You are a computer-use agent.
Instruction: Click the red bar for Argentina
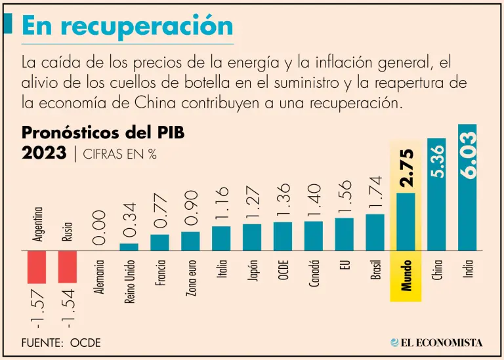click(37, 267)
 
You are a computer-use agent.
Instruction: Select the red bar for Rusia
click(68, 267)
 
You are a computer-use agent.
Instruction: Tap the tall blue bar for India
click(467, 187)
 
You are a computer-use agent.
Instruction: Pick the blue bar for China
click(436, 194)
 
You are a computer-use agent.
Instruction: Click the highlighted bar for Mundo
click(406, 222)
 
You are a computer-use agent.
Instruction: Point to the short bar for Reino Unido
click(129, 247)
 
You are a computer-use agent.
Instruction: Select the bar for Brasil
click(375, 232)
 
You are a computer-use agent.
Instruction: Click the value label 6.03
click(467, 153)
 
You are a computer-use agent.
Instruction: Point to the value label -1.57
click(37, 308)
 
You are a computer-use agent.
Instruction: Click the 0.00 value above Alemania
click(99, 227)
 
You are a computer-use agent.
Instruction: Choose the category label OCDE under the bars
click(283, 269)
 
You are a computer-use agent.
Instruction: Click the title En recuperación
click(127, 26)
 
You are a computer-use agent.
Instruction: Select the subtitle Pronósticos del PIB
click(103, 132)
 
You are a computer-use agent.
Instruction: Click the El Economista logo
click(436, 342)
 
